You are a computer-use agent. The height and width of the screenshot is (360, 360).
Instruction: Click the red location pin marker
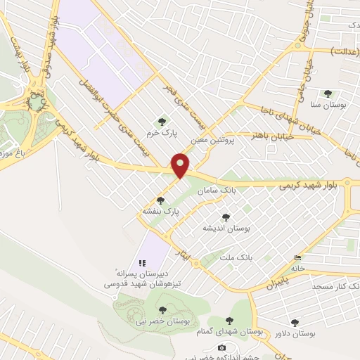181,165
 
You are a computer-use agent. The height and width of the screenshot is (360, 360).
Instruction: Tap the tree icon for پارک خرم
162,121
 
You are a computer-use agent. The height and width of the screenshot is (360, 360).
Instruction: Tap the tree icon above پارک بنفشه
160,200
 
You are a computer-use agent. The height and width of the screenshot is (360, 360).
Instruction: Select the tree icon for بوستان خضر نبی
162,309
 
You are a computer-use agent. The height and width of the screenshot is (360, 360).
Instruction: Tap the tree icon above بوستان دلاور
296,323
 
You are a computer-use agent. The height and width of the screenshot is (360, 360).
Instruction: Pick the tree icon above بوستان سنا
327,94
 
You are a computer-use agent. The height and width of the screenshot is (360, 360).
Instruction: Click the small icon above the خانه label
297,258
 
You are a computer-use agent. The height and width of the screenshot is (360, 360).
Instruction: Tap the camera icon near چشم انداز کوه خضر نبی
222,347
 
